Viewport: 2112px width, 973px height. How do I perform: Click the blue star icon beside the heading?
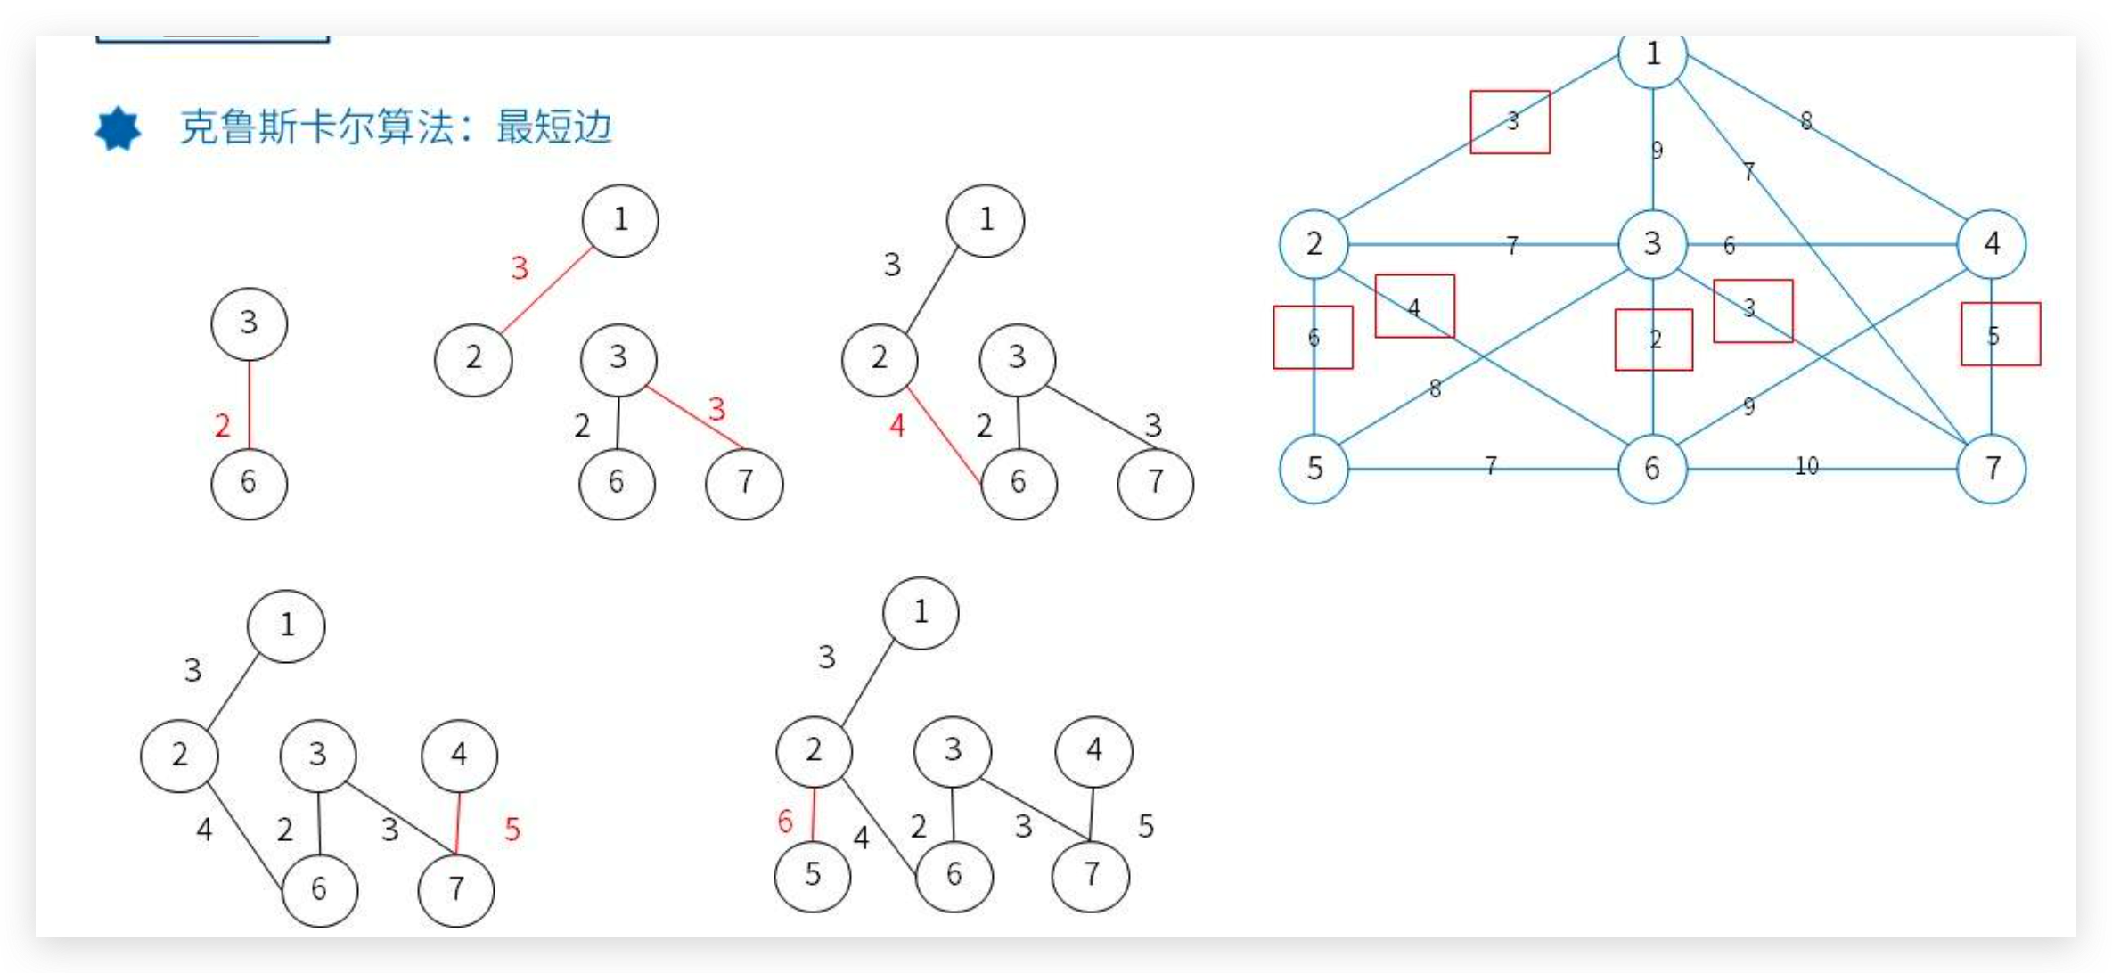tap(118, 129)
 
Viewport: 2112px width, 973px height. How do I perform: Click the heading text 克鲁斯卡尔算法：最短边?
tap(396, 127)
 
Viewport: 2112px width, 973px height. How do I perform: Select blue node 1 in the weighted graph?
tap(1652, 55)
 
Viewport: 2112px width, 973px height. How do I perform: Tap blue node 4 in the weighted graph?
tap(1992, 244)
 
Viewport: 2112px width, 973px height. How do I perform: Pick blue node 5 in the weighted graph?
tap(1314, 469)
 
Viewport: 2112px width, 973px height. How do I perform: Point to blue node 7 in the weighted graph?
tap(1992, 469)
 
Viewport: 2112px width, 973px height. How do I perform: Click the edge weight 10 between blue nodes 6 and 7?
tap(1806, 466)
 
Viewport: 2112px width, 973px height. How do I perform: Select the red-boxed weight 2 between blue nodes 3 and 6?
tap(1654, 339)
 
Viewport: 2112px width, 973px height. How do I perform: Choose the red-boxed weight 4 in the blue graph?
tap(1414, 307)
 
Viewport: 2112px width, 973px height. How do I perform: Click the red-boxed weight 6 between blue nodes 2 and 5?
tap(1314, 338)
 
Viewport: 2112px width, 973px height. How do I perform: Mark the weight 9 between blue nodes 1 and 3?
tap(1657, 151)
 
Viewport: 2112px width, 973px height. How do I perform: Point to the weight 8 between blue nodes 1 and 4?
tap(1806, 120)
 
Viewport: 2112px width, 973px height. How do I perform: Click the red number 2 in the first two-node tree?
tap(223, 426)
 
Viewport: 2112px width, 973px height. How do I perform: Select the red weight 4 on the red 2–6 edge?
tap(897, 426)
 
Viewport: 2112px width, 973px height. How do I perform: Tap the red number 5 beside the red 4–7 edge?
tap(512, 830)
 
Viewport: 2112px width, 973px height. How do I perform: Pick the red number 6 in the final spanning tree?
tap(785, 821)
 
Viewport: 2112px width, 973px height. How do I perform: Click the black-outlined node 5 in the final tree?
tap(813, 875)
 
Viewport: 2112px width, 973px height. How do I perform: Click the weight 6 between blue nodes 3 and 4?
tap(1729, 246)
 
